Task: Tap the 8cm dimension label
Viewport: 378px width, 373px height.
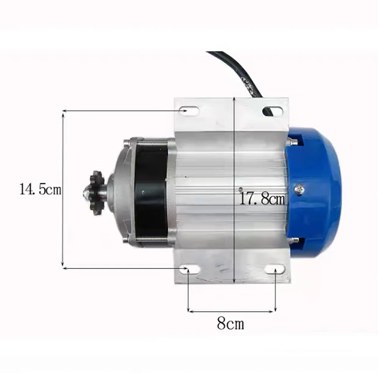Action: tap(230, 324)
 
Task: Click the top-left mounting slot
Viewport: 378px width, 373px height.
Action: tap(189, 110)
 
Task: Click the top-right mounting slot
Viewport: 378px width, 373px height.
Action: tap(273, 110)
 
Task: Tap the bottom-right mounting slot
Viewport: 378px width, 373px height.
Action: tap(275, 269)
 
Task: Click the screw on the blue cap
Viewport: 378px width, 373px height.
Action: tap(299, 189)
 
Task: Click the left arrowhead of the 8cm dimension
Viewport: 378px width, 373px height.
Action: tap(190, 311)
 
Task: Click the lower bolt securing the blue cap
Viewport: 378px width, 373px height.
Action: tap(293, 240)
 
